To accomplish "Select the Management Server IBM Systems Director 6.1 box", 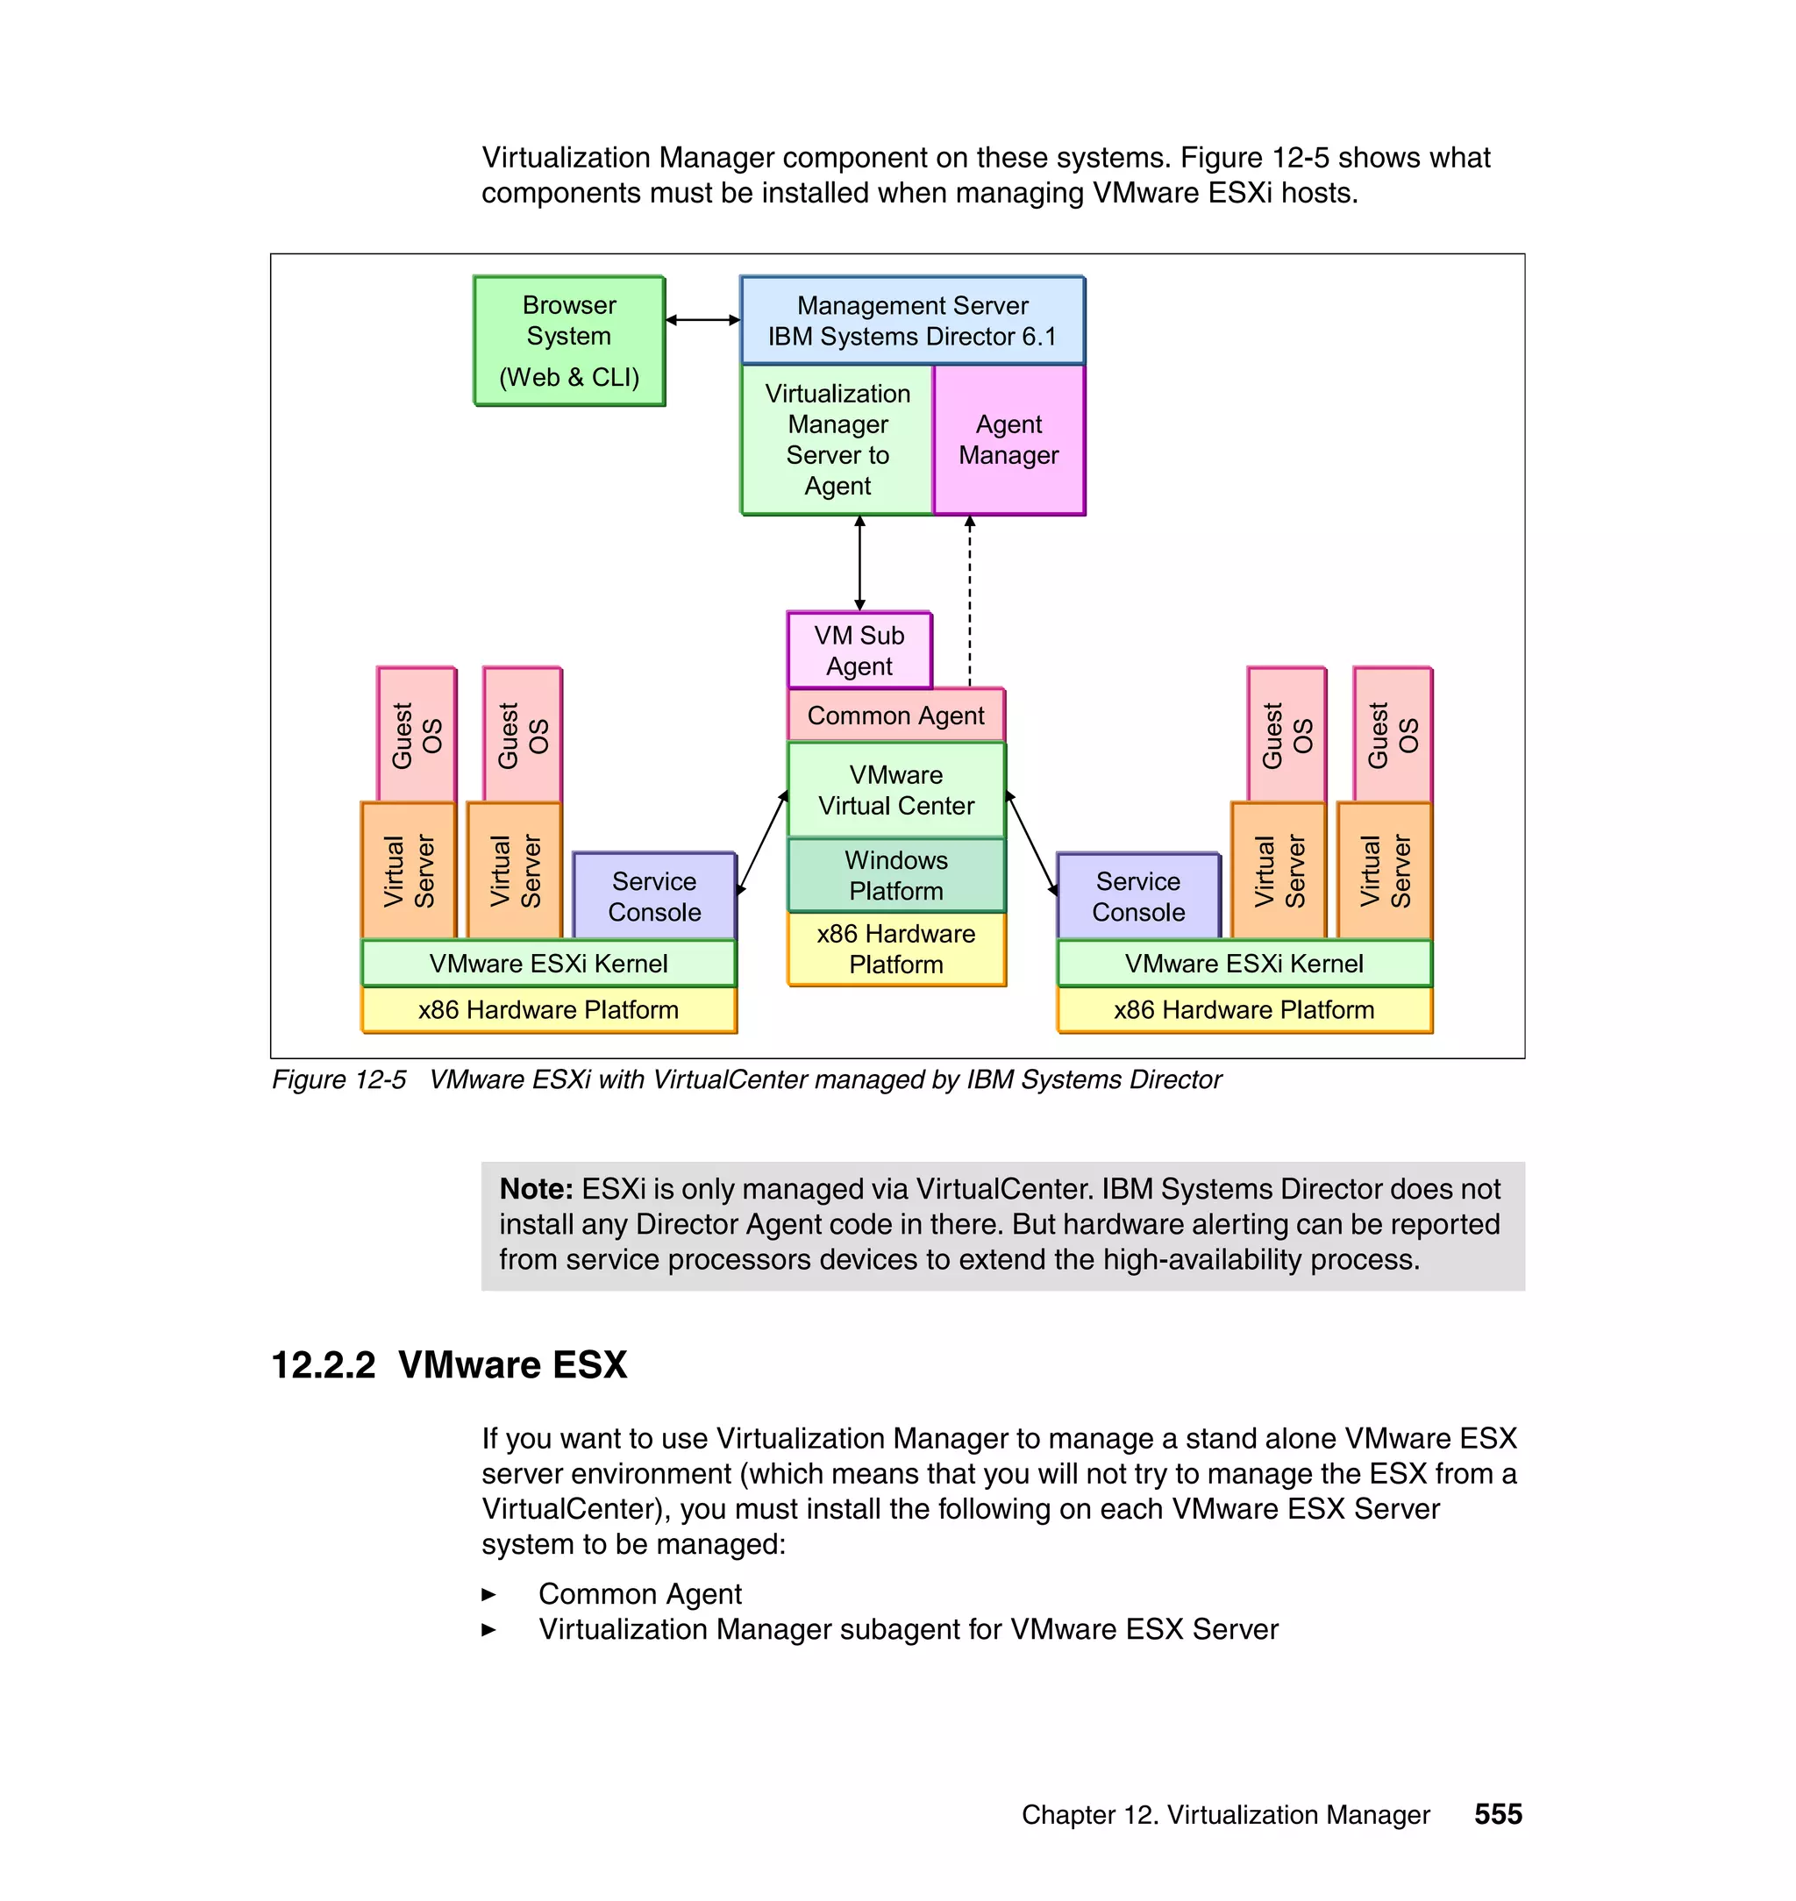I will click(911, 321).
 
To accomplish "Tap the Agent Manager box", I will click(1008, 440).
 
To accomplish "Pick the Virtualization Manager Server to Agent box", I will click(837, 440).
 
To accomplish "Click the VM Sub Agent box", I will click(859, 651).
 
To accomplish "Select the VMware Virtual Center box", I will click(895, 791).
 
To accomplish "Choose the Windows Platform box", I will click(895, 876).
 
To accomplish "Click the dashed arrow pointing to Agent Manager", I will click(970, 603).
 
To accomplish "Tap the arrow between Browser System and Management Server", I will click(702, 320).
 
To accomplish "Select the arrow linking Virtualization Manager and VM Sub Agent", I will click(859, 563).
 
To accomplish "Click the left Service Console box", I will click(654, 897).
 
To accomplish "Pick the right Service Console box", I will click(1138, 897).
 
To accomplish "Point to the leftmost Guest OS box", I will click(417, 735).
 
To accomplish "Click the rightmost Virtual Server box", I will click(1385, 871).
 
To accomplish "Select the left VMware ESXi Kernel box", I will click(549, 964).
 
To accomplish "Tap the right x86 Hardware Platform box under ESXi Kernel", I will click(1244, 1011).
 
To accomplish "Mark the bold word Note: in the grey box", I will click(536, 1190).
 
